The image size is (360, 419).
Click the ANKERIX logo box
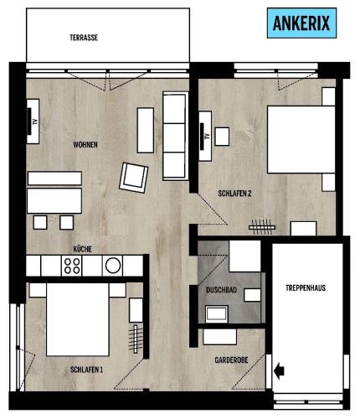pyautogui.click(x=301, y=23)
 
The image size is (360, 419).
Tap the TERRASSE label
pyautogui.click(x=84, y=38)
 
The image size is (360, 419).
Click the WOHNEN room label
pyautogui.click(x=85, y=145)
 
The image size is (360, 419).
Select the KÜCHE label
pyautogui.click(x=83, y=249)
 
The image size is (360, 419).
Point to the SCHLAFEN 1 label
pyautogui.click(x=86, y=370)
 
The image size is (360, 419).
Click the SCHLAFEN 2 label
pyautogui.click(x=234, y=194)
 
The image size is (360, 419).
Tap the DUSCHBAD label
pyautogui.click(x=221, y=290)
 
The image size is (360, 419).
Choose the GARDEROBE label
pyautogui.click(x=231, y=360)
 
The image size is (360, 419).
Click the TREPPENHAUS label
pyautogui.click(x=306, y=288)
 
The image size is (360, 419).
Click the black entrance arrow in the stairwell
pyautogui.click(x=279, y=371)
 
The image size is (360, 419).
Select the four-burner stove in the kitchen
pyautogui.click(x=72, y=266)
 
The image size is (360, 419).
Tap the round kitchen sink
pyautogui.click(x=113, y=266)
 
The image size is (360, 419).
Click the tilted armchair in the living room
pyautogui.click(x=134, y=178)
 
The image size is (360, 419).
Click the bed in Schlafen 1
pyautogui.click(x=78, y=319)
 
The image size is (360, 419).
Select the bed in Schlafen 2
pyautogui.click(x=301, y=140)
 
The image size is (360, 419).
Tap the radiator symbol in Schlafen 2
pyautogui.click(x=262, y=227)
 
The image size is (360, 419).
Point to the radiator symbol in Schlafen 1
pyautogui.click(x=136, y=339)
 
